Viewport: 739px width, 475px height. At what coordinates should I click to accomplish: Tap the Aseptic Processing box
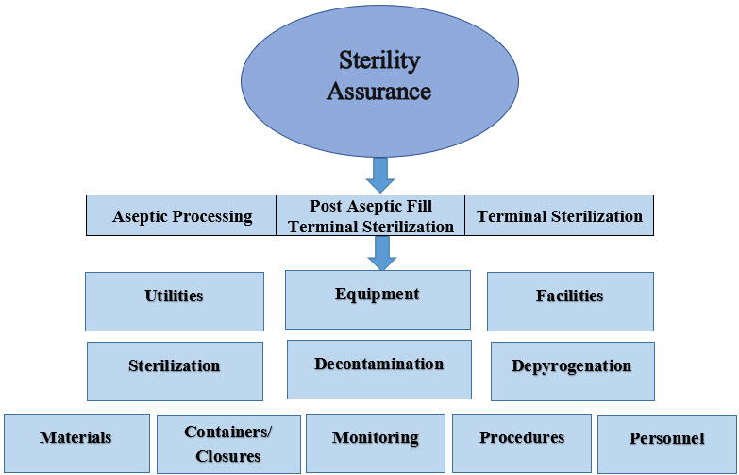click(x=182, y=216)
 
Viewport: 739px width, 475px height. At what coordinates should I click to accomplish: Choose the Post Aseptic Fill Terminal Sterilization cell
click(x=371, y=216)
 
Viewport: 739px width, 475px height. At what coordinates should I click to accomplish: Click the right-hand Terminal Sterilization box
click(x=559, y=216)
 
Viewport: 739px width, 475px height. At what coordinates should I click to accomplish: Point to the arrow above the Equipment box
click(x=381, y=252)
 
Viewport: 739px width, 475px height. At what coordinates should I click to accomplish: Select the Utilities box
click(x=174, y=301)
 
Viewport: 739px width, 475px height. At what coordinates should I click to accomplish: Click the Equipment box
click(x=378, y=299)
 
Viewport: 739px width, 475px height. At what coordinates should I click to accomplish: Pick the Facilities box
click(x=569, y=301)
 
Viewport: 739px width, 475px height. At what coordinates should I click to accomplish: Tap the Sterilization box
click(x=175, y=370)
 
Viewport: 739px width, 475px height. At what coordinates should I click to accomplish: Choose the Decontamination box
click(x=378, y=369)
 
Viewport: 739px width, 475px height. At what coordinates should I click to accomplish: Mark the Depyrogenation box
click(x=571, y=370)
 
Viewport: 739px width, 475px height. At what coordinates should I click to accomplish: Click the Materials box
click(x=76, y=443)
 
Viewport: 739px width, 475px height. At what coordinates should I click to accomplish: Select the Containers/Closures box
click(x=228, y=444)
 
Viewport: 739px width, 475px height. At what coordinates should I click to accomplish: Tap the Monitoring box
click(x=375, y=443)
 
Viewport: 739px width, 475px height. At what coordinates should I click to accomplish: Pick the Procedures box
click(x=521, y=442)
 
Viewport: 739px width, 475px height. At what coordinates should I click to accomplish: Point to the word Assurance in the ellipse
click(x=385, y=92)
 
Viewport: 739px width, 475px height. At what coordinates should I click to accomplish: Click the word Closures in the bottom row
click(x=228, y=456)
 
